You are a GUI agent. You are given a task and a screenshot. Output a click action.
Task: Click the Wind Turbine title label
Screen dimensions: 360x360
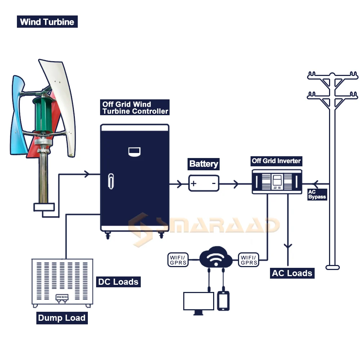click(x=47, y=22)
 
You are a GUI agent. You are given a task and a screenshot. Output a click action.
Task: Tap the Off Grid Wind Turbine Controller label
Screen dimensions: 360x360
click(x=135, y=108)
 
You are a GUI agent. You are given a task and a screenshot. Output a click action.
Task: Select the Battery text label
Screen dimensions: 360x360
click(x=204, y=164)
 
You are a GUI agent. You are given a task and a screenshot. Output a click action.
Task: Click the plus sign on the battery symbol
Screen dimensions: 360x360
click(x=194, y=184)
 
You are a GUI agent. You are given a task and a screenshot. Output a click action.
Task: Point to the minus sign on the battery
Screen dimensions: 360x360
click(x=213, y=184)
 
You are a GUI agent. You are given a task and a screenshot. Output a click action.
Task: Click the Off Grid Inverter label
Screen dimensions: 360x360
click(x=276, y=161)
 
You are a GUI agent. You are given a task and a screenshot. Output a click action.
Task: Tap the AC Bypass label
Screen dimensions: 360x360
click(x=317, y=194)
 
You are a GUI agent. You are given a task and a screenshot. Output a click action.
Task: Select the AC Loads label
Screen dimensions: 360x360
click(x=292, y=273)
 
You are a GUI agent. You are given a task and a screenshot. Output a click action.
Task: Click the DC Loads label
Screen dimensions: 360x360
click(x=118, y=282)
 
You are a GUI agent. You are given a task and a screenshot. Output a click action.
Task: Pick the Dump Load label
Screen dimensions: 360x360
click(x=62, y=318)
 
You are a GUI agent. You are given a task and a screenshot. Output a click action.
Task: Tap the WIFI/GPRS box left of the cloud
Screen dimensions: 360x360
click(x=178, y=260)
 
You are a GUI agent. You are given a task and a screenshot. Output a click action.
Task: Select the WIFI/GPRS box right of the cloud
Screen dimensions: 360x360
click(x=248, y=260)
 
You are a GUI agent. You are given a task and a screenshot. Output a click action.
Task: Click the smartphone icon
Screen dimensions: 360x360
click(x=223, y=301)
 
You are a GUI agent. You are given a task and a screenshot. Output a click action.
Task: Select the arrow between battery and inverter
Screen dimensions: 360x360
click(x=235, y=184)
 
